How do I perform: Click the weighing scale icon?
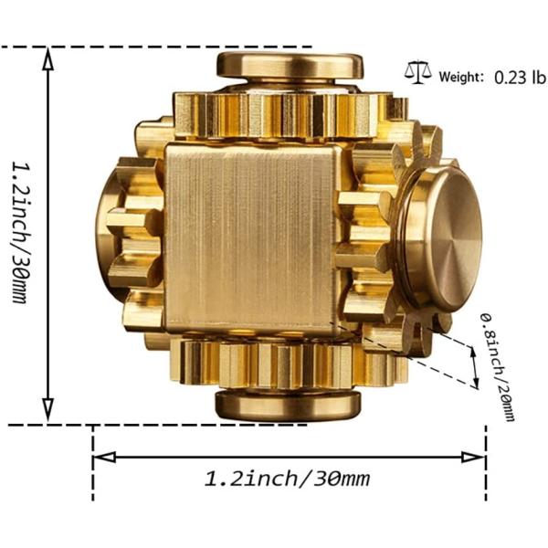[x=419, y=71]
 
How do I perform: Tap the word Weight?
[x=461, y=78]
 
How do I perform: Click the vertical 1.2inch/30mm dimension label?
[x=20, y=233]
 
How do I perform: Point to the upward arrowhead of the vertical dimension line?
[x=48, y=57]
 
